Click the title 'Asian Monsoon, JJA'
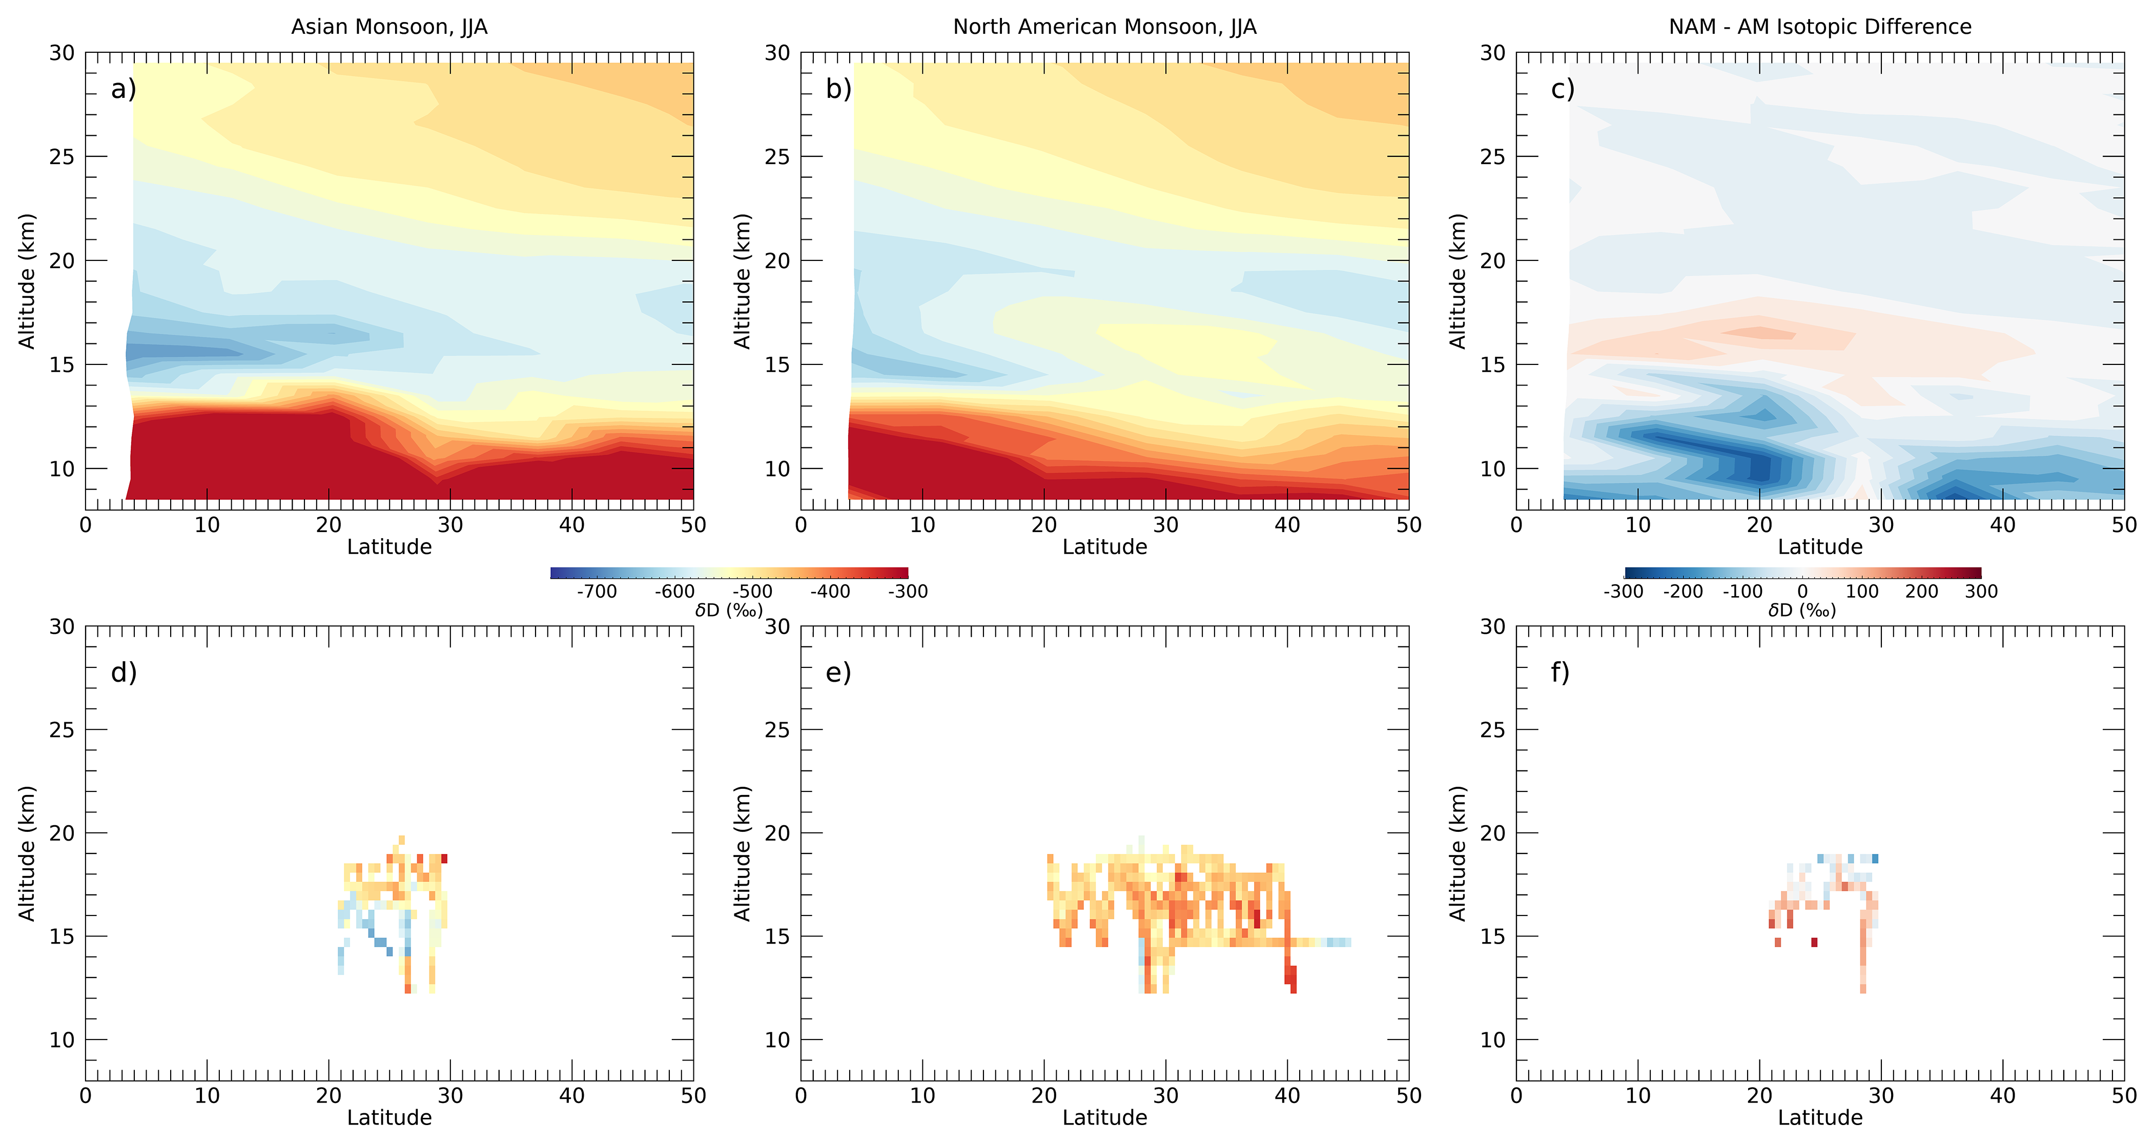pyautogui.click(x=389, y=27)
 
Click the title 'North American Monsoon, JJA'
pyautogui.click(x=1104, y=27)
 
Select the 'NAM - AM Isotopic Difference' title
pyautogui.click(x=1819, y=27)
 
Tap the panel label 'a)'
pyautogui.click(x=123, y=89)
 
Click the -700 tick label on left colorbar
pyautogui.click(x=597, y=591)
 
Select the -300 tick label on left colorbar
pyautogui.click(x=908, y=591)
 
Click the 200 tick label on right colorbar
pyautogui.click(x=1922, y=591)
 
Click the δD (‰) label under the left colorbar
pyautogui.click(x=729, y=611)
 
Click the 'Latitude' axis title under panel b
pyautogui.click(x=1104, y=547)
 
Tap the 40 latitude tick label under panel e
pyautogui.click(x=1287, y=1096)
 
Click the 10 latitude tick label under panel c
pyautogui.click(x=1637, y=525)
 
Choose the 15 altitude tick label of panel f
pyautogui.click(x=1492, y=936)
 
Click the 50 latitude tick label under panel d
pyautogui.click(x=693, y=1096)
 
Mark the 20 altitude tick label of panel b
pyautogui.click(x=777, y=261)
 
